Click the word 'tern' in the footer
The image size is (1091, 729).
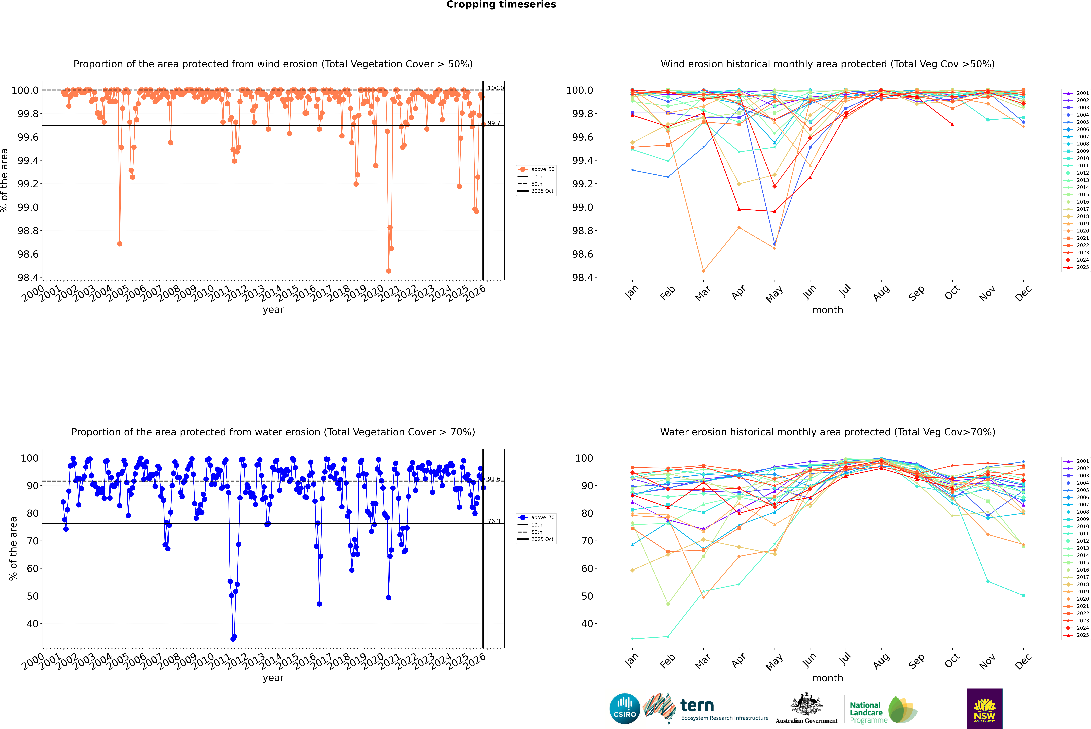[x=697, y=705]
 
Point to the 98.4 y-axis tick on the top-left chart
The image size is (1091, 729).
[x=28, y=278]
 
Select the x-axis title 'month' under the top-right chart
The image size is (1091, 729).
[x=827, y=310]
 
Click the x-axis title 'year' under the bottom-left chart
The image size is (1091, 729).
[x=273, y=678]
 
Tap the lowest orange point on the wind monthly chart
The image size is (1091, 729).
[x=703, y=271]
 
